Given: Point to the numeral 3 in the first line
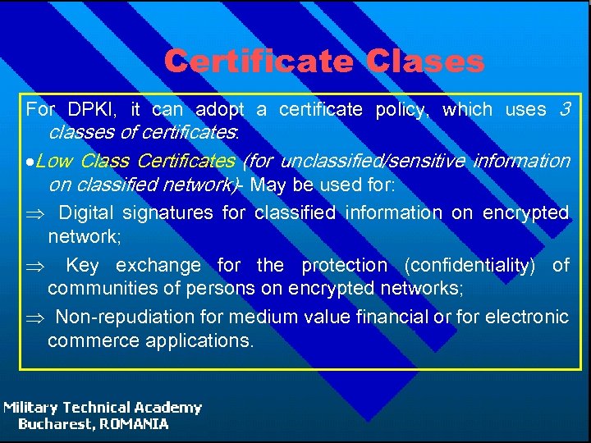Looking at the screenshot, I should pos(563,109).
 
